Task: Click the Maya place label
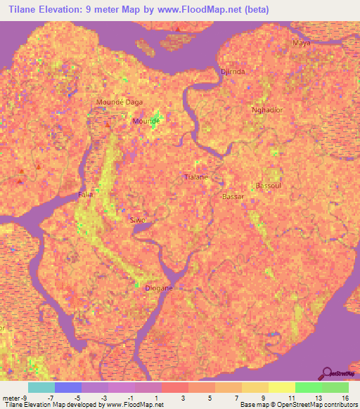click(x=301, y=43)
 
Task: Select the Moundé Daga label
click(x=119, y=102)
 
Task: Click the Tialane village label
click(x=195, y=177)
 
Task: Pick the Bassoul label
click(x=268, y=186)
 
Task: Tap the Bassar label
click(x=233, y=197)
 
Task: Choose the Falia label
click(x=86, y=194)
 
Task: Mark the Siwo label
click(x=137, y=220)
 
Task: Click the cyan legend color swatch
click(x=41, y=387)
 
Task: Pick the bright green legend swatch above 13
click(x=308, y=387)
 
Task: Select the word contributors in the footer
click(x=337, y=405)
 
